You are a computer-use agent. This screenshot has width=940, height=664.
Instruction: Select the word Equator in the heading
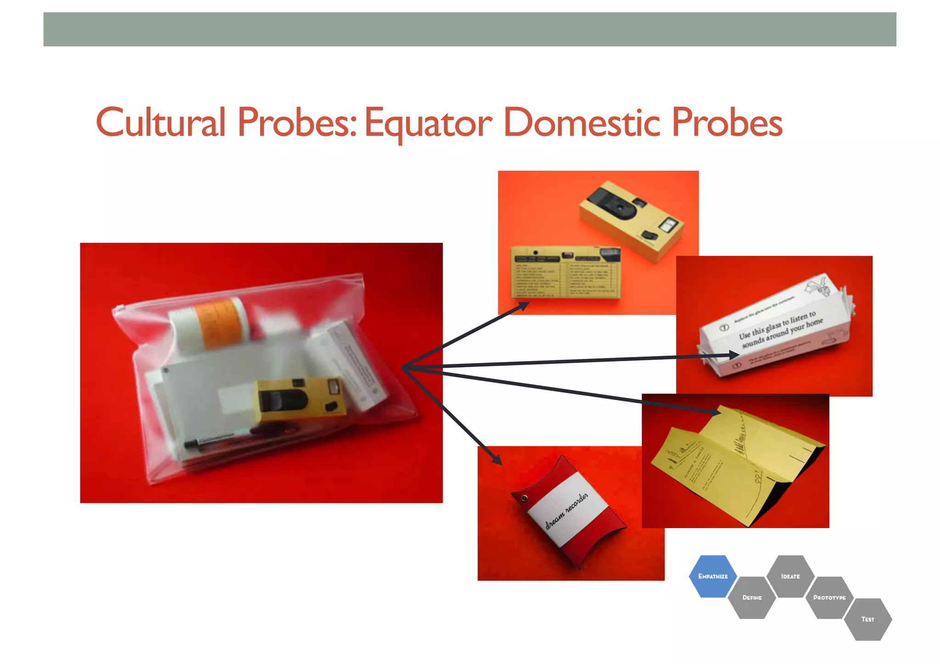click(428, 123)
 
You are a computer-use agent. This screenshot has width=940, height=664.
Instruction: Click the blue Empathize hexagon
click(712, 576)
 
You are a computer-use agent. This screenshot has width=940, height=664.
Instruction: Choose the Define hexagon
click(752, 597)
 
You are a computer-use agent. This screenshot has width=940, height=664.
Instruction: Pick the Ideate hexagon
click(790, 576)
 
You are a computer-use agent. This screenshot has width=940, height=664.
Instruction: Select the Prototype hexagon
click(829, 597)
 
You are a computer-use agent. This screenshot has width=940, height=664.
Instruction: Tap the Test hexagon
click(867, 619)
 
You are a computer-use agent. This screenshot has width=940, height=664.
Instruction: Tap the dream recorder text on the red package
click(567, 511)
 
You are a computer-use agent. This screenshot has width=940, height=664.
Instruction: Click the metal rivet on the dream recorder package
click(524, 497)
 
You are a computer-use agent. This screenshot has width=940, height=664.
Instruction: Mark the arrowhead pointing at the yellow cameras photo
click(523, 306)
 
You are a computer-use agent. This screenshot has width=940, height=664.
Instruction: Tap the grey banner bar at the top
click(470, 29)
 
